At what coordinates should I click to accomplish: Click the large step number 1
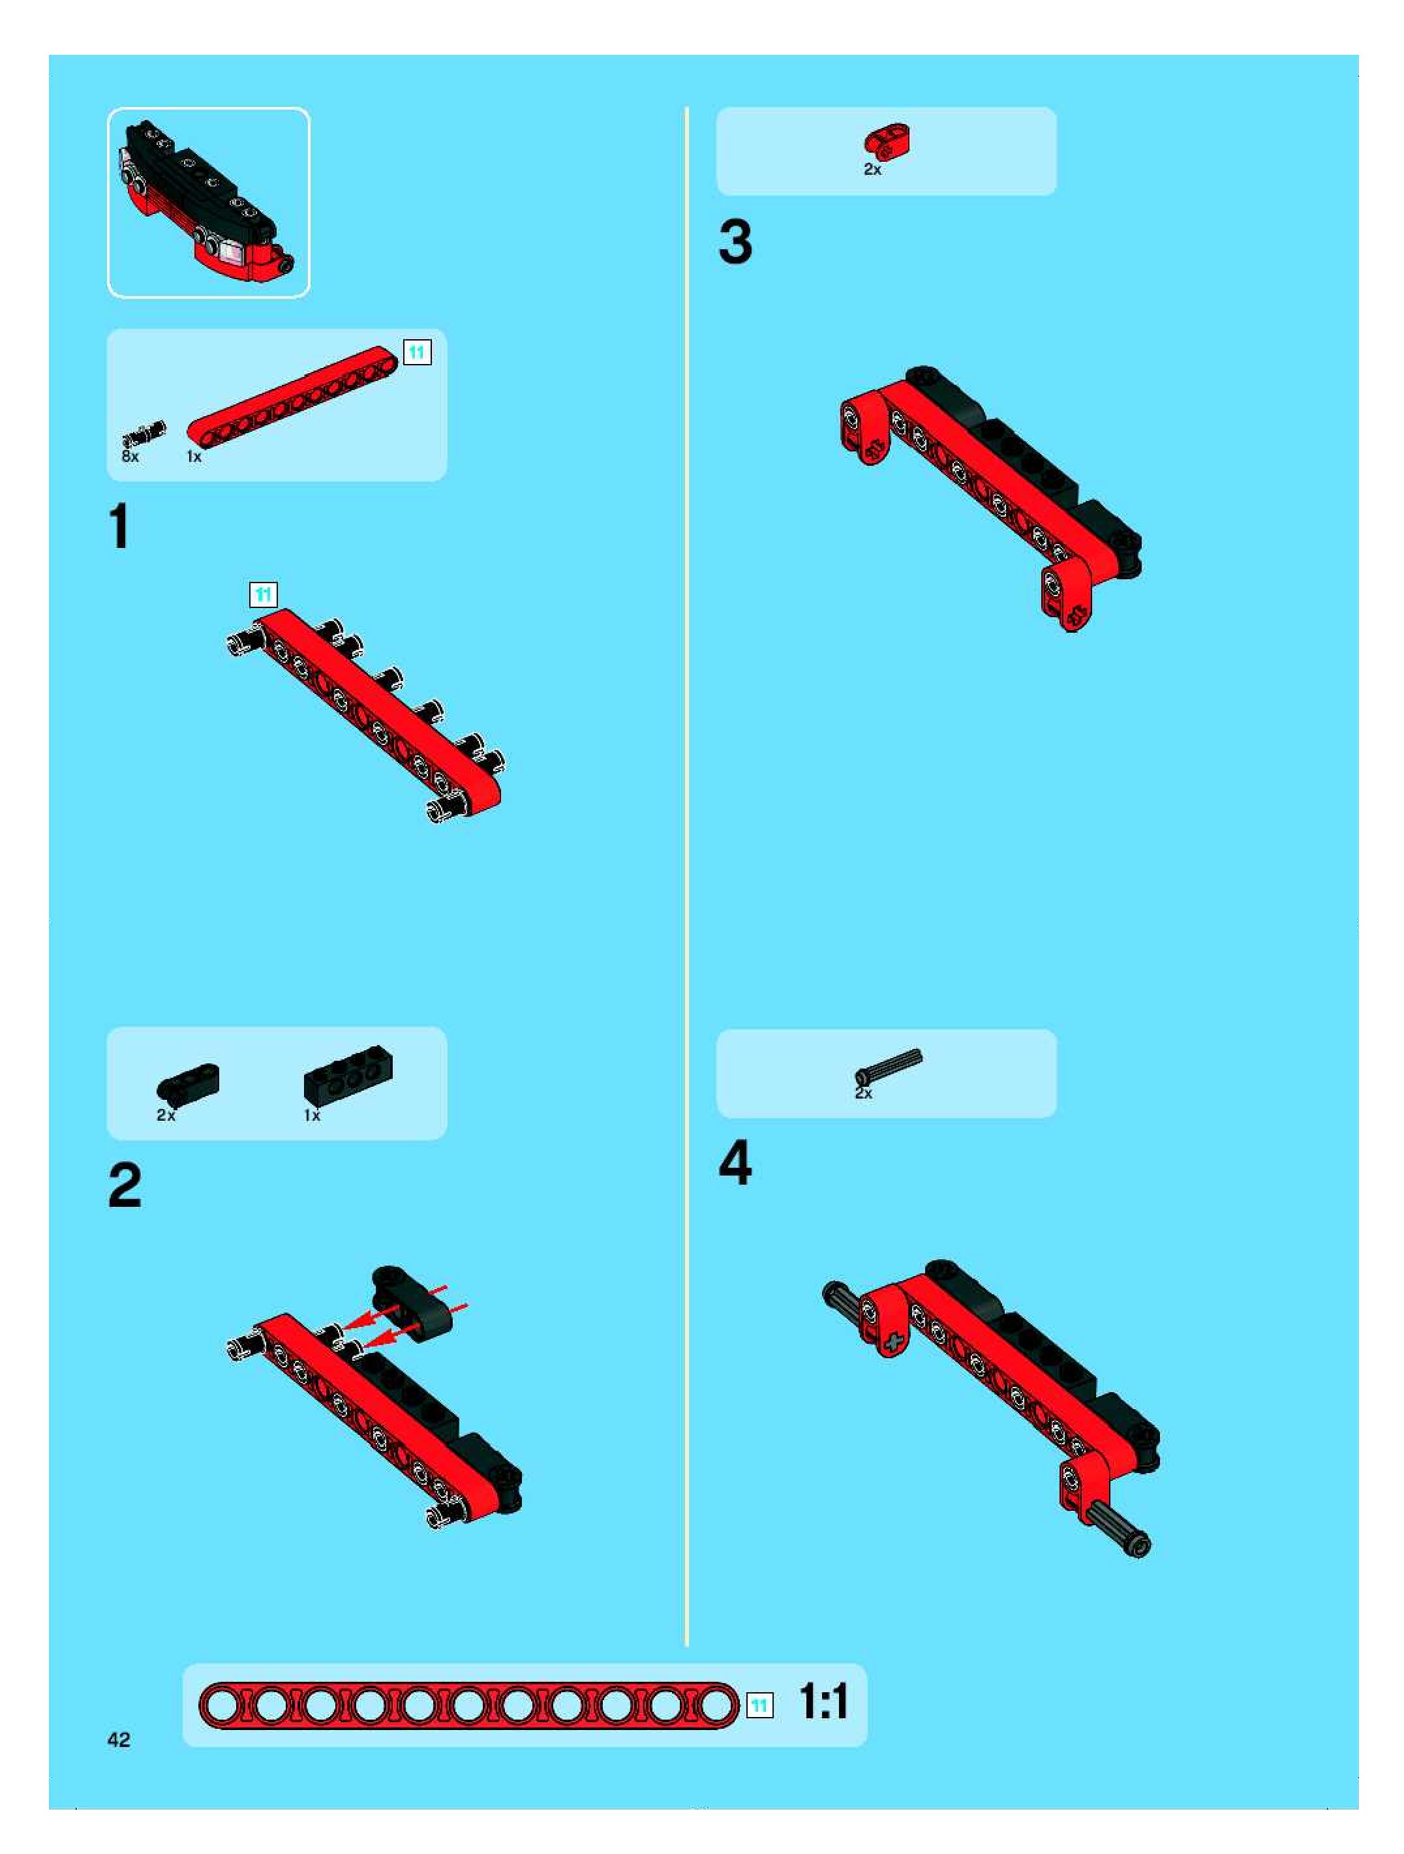(x=121, y=526)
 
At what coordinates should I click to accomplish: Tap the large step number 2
(x=125, y=1185)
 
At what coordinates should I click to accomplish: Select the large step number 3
(x=735, y=242)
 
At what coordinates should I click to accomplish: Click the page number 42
(x=119, y=1740)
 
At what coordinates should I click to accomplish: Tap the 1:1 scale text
(x=823, y=1702)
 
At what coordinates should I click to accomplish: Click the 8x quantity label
(x=130, y=457)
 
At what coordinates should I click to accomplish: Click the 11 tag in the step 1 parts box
(x=418, y=352)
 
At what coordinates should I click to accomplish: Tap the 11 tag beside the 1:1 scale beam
(x=759, y=1706)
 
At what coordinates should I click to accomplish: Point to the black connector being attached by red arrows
(x=412, y=1301)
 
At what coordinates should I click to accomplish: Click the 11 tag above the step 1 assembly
(x=263, y=595)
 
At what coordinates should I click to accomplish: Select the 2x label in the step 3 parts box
(x=872, y=170)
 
